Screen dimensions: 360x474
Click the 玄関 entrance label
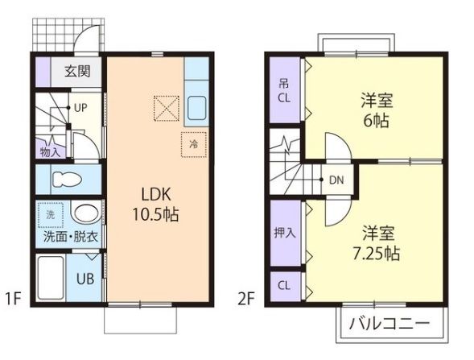tap(78, 71)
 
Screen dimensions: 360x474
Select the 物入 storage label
tap(50, 151)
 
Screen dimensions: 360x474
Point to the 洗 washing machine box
tap(51, 215)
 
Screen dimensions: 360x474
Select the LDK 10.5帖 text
tap(150, 205)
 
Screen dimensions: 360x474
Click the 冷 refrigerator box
tap(193, 143)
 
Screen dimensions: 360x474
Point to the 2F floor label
tap(245, 300)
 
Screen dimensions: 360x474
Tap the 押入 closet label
tap(284, 234)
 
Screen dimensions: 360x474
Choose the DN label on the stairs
tap(336, 180)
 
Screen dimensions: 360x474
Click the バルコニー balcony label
tap(390, 325)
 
